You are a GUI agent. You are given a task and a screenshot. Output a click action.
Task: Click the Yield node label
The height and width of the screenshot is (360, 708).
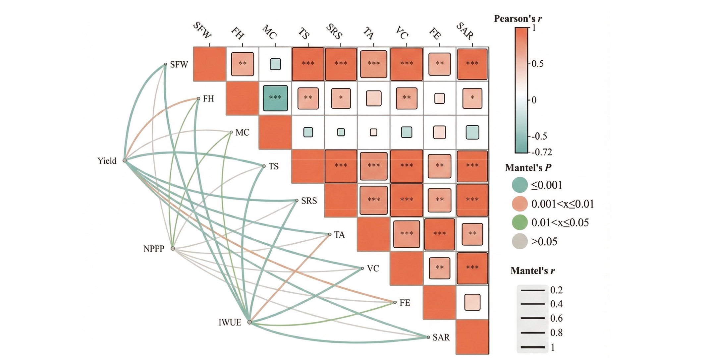pyautogui.click(x=107, y=161)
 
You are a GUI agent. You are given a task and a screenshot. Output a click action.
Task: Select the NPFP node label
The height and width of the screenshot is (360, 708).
pyautogui.click(x=154, y=249)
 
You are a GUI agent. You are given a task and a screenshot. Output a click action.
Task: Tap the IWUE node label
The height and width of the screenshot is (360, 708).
pyautogui.click(x=230, y=323)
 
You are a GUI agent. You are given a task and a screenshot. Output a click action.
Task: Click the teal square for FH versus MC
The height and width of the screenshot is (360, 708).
pyautogui.click(x=275, y=98)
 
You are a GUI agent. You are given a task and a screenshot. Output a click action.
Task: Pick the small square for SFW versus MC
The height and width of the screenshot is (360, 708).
pyautogui.click(x=275, y=64)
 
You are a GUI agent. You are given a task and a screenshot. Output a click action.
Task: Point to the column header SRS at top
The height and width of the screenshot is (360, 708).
pyautogui.click(x=334, y=32)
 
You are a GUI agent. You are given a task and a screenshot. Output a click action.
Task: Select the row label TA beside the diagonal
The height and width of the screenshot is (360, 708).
pyautogui.click(x=339, y=235)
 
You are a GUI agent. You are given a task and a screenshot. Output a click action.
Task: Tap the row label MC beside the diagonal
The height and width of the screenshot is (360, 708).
pyautogui.click(x=242, y=133)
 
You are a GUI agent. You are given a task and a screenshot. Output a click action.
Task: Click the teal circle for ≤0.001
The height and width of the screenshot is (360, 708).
pyautogui.click(x=519, y=185)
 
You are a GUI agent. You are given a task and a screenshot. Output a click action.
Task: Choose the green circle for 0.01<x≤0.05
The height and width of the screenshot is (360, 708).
pyautogui.click(x=519, y=222)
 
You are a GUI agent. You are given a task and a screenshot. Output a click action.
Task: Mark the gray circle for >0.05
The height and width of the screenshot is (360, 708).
pyautogui.click(x=519, y=241)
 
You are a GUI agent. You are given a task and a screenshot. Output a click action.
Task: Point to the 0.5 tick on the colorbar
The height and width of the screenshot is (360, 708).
pyautogui.click(x=537, y=64)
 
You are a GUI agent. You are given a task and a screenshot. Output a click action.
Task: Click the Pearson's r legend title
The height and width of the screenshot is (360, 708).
pyautogui.click(x=517, y=19)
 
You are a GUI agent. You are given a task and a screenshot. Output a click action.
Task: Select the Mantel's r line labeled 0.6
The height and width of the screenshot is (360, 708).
pyautogui.click(x=532, y=318)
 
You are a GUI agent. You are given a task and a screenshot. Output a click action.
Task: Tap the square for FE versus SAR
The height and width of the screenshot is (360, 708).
pyautogui.click(x=472, y=302)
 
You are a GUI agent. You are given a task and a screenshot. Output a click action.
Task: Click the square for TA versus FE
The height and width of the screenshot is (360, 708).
pyautogui.click(x=439, y=234)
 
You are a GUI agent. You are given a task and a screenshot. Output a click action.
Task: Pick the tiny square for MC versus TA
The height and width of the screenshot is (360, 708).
pyautogui.click(x=373, y=133)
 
